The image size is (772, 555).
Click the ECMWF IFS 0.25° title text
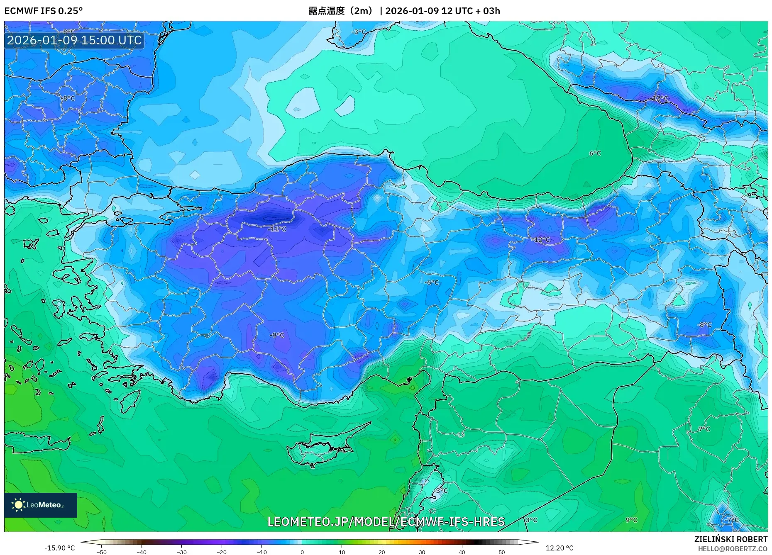[44, 11]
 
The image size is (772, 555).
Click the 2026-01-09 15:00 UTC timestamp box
[74, 40]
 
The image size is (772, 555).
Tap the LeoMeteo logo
[40, 505]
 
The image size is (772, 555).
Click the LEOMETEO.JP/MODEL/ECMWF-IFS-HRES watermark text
[386, 521]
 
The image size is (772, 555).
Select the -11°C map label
[277, 229]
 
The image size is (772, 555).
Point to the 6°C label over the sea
[595, 153]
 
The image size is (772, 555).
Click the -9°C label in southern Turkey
[277, 335]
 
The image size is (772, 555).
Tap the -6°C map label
[432, 282]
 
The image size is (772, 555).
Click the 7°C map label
[704, 429]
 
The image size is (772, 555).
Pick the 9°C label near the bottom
[631, 520]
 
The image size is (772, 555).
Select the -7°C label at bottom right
[731, 520]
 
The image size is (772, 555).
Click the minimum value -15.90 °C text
[60, 548]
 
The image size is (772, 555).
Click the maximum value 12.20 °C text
[559, 548]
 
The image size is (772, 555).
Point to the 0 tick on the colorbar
[302, 552]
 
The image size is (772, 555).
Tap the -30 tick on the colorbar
[182, 552]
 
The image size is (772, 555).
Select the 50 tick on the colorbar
[502, 552]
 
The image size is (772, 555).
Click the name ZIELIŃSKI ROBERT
[730, 539]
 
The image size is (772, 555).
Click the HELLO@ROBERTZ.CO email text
[733, 549]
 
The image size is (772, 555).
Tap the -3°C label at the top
[359, 32]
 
